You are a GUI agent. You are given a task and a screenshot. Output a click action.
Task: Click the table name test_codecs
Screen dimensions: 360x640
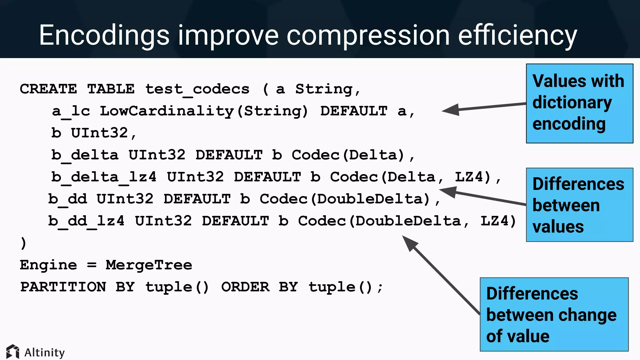pos(197,89)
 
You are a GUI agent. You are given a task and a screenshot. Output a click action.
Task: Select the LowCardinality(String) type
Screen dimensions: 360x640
pos(204,111)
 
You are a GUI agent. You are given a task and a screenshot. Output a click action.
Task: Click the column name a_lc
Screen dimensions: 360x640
pos(71,111)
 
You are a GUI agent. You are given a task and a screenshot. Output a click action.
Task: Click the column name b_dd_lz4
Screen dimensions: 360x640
pos(86,221)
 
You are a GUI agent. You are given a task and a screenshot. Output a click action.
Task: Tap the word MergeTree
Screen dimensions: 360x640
pos(149,265)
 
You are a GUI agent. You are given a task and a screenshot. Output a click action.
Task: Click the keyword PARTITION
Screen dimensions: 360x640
pos(63,287)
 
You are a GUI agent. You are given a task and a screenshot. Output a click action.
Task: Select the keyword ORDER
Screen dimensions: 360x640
pos(245,287)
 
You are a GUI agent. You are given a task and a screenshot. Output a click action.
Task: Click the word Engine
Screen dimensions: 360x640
pos(48,265)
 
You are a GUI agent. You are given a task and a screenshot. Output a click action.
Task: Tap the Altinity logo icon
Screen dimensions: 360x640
pos(13,352)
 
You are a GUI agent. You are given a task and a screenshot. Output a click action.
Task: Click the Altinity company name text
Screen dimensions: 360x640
pos(44,352)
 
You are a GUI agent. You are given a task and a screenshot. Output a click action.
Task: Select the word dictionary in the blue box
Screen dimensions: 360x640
pos(572,103)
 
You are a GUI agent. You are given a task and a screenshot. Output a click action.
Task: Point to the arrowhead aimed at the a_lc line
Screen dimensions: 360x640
pos(450,110)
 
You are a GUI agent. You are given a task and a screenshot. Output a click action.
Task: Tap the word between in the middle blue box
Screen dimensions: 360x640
pos(566,205)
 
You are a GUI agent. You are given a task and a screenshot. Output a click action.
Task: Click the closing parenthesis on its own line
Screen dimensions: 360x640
pos(23,243)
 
